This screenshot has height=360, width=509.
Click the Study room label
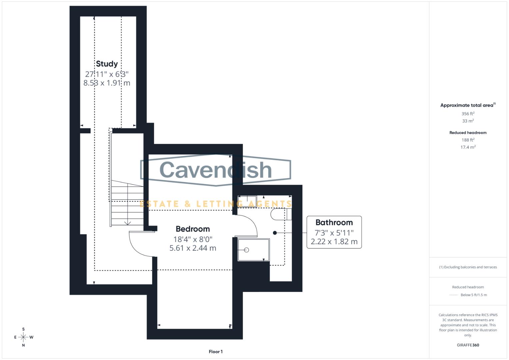pyautogui.click(x=107, y=64)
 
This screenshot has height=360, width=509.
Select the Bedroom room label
pyautogui.click(x=193, y=229)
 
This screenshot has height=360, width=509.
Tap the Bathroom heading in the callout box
pyautogui.click(x=334, y=222)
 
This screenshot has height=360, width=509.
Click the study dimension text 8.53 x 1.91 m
pyautogui.click(x=107, y=83)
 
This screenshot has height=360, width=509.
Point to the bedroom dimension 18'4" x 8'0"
pyautogui.click(x=193, y=239)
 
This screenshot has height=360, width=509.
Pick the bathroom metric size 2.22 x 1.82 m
pyautogui.click(x=334, y=242)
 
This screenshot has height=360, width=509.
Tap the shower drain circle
pyautogui.click(x=247, y=250)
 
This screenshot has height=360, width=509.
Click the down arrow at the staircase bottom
pyautogui.click(x=128, y=223)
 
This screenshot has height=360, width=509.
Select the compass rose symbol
pyautogui.click(x=23, y=337)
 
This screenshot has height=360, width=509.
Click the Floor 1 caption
pyautogui.click(x=216, y=352)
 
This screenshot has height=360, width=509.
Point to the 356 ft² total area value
pyautogui.click(x=468, y=114)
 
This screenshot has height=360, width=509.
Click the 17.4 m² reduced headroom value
pyautogui.click(x=468, y=147)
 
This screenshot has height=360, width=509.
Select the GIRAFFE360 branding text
pyautogui.click(x=468, y=345)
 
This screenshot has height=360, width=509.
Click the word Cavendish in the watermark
pyautogui.click(x=216, y=170)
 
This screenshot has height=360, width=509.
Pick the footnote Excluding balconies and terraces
pyautogui.click(x=468, y=267)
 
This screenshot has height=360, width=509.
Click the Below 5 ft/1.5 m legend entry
pyautogui.click(x=473, y=295)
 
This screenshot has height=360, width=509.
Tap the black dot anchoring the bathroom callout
pyautogui.click(x=275, y=233)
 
